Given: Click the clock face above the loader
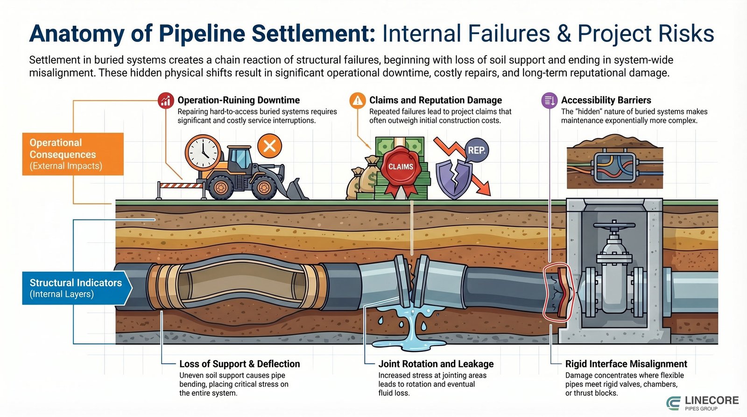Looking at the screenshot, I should click(x=203, y=153).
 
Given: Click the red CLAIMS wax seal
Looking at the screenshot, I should click(x=400, y=167).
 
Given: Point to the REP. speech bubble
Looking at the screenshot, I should click(x=476, y=150).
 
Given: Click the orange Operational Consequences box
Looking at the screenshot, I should click(x=73, y=154).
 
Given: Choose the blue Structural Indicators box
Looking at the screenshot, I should click(x=75, y=288).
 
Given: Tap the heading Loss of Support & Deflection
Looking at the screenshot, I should click(x=240, y=364).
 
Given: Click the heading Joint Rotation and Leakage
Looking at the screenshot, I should click(x=436, y=364).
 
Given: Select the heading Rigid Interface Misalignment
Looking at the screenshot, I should click(x=626, y=364).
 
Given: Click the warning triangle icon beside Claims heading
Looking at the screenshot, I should click(x=358, y=100).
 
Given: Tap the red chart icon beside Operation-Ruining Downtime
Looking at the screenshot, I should click(x=166, y=100).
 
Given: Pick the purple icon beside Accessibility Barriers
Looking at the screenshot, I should click(x=549, y=100).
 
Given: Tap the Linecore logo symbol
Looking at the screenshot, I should click(x=674, y=403).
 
